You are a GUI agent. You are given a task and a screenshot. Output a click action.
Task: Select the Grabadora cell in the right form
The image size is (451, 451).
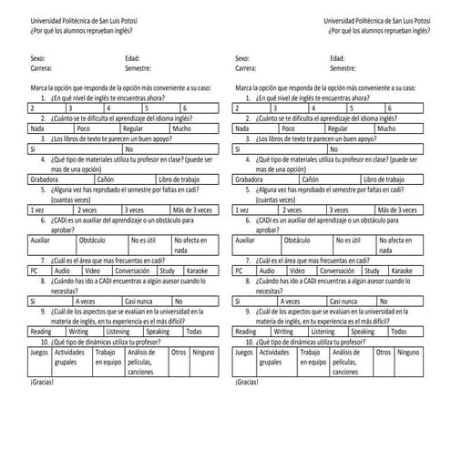[251, 179]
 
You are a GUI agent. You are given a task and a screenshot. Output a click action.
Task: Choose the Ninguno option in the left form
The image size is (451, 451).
[204, 352]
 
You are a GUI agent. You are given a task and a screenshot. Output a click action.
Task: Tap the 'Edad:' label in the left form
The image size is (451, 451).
[133, 57]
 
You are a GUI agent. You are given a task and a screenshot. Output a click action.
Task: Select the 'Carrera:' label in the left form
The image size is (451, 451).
[40, 67]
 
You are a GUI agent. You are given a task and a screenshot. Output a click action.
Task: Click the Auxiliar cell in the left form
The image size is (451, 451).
[40, 240]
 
